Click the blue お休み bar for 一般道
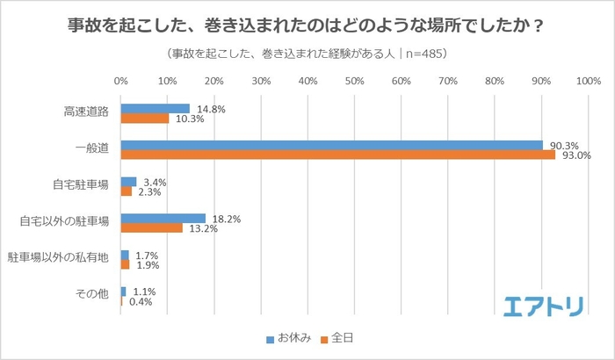point(331,145)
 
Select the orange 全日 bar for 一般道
point(337,155)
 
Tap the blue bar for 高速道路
point(155,109)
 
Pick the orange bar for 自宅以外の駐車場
point(151,227)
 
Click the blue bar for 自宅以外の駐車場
point(163,218)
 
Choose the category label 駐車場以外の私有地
point(58,259)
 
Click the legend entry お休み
point(288,336)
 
